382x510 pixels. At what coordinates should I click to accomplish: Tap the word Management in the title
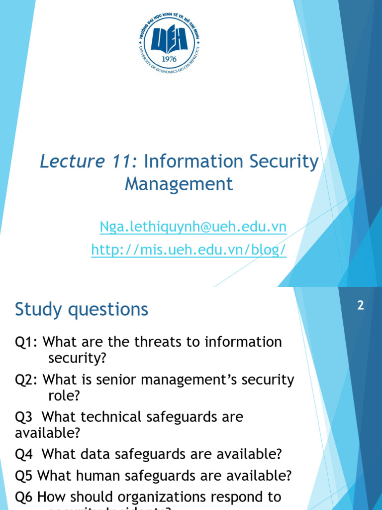(x=179, y=184)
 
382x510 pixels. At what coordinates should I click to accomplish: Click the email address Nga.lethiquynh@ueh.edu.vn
(x=193, y=227)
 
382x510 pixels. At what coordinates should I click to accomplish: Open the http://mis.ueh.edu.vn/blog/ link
(x=189, y=250)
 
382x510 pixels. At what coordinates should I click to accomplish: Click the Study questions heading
(x=82, y=309)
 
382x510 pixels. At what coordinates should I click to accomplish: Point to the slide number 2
(x=361, y=306)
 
